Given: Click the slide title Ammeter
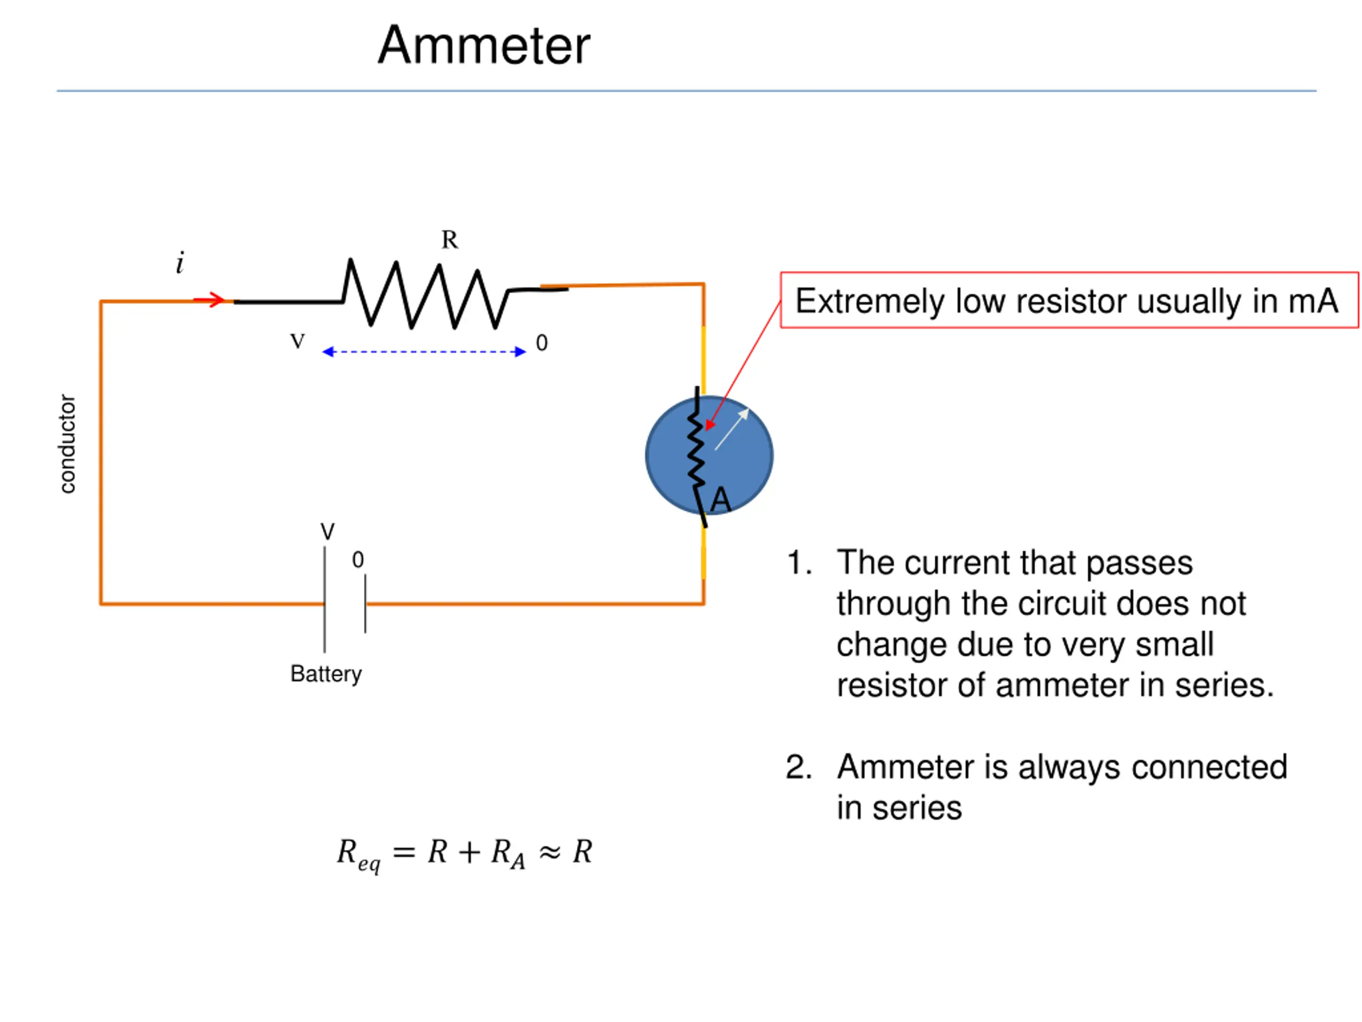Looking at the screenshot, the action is (484, 46).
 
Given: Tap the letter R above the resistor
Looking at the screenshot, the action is (450, 240).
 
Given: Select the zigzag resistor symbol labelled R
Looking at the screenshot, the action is (426, 294).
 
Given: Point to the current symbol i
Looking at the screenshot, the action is (180, 262).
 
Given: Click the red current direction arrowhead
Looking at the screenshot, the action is (215, 300).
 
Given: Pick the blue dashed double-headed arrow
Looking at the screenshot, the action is (424, 352).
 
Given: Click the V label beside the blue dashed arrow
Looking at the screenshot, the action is (297, 341).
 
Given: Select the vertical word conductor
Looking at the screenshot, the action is (67, 443).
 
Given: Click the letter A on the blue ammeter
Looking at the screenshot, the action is (720, 500).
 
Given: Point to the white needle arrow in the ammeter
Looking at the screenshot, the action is (732, 430).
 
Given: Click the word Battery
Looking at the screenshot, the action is (326, 674).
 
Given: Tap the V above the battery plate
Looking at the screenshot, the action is (328, 532).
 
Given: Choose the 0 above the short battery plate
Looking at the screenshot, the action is (358, 560).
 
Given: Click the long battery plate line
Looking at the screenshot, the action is (325, 599).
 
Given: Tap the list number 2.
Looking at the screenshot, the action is (799, 768).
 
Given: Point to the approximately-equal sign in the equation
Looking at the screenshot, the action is (549, 853).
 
